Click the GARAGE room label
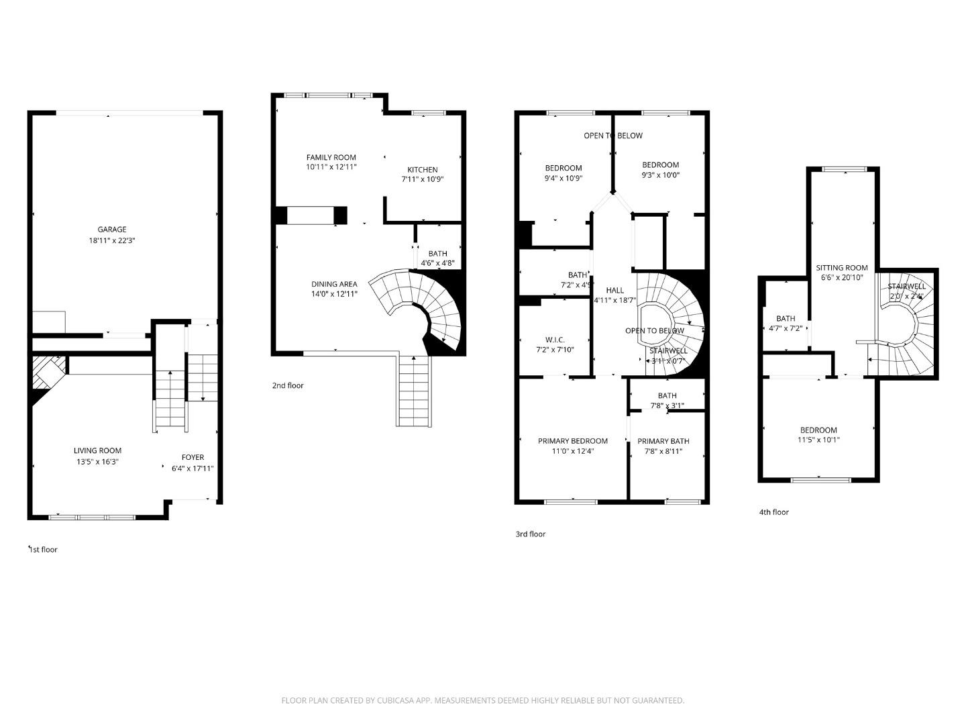pos(111,230)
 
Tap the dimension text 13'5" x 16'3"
pos(97,462)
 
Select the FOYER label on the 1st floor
pos(193,457)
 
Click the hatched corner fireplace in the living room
pos(49,371)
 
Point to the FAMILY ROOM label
pos(331,158)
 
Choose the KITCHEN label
pos(422,170)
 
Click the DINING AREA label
pos(334,284)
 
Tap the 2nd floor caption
pos(288,385)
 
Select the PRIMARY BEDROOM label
pos(572,441)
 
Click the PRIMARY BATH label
pos(663,441)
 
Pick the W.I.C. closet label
pos(555,340)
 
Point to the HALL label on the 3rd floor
pos(614,290)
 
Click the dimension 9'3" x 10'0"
pos(660,175)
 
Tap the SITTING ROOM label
pos(841,268)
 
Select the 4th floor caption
pos(773,512)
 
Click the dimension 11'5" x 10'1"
pos(818,440)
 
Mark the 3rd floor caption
pos(530,534)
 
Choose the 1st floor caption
pos(43,550)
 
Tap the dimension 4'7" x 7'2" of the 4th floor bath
pos(785,328)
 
